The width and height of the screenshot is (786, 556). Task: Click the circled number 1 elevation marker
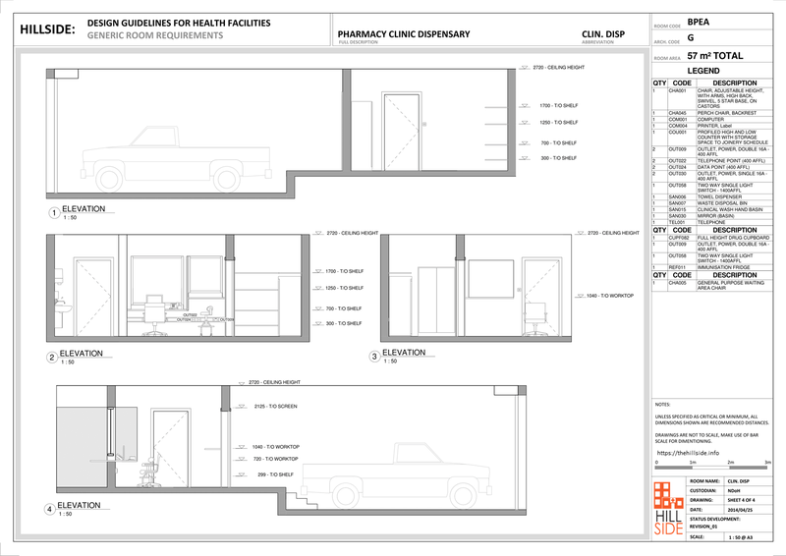[54, 212]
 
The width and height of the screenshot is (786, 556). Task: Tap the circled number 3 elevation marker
[374, 356]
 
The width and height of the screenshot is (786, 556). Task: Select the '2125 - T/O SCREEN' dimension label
[274, 406]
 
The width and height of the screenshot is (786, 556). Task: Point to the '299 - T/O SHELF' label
[274, 474]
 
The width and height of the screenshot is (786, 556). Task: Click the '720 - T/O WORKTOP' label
[275, 459]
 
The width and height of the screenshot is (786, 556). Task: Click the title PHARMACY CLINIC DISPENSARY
[403, 34]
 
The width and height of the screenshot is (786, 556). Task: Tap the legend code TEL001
[677, 222]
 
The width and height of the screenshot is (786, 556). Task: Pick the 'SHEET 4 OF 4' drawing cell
[744, 499]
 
